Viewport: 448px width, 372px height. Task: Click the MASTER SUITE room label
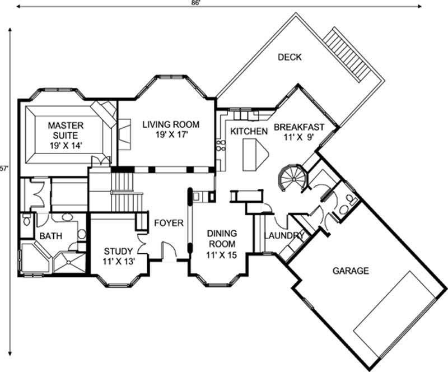[65, 129]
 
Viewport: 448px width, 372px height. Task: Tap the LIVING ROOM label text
[170, 124]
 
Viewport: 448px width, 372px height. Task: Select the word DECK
[289, 57]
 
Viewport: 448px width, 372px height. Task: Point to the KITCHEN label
[249, 131]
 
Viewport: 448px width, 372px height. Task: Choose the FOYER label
[169, 223]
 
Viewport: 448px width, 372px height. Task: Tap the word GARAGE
[351, 271]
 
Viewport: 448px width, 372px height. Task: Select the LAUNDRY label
[284, 236]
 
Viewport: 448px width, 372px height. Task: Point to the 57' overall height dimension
[4, 168]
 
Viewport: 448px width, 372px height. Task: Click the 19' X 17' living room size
[170, 135]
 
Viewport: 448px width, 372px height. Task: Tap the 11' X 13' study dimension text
[118, 262]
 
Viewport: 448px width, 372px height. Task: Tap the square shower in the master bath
[69, 263]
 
